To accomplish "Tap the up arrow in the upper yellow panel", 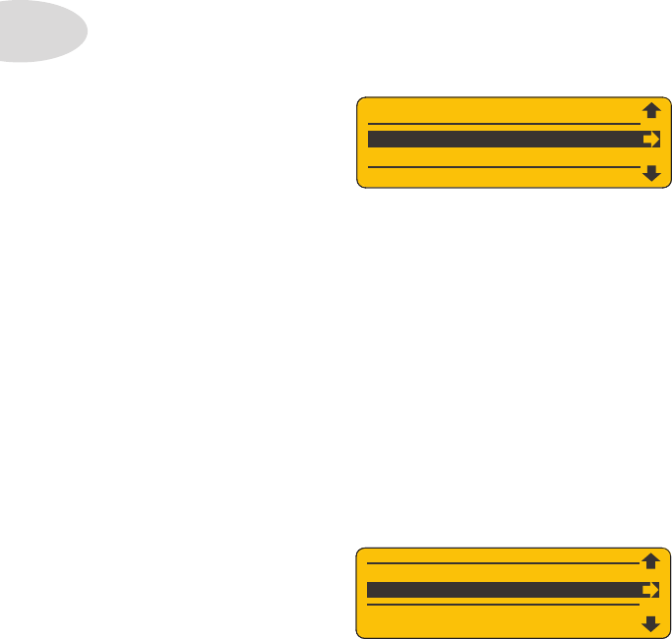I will pyautogui.click(x=650, y=110).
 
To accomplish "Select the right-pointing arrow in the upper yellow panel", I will pyautogui.click(x=650, y=140).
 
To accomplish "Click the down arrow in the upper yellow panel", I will pyautogui.click(x=650, y=173).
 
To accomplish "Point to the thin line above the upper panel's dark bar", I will pyautogui.click(x=503, y=124).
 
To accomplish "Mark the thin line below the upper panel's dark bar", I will pyautogui.click(x=503, y=168).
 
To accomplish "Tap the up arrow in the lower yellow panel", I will pyautogui.click(x=650, y=561).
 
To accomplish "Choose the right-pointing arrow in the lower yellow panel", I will pyautogui.click(x=650, y=590).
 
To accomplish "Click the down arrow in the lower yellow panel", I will pyautogui.click(x=650, y=622).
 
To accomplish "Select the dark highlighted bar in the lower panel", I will pyautogui.click(x=503, y=590).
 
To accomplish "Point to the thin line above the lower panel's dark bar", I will pyautogui.click(x=503, y=563).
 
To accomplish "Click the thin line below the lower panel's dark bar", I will pyautogui.click(x=503, y=606).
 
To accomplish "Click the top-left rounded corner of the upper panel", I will pyautogui.click(x=361, y=101).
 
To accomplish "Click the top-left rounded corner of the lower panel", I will pyautogui.click(x=361, y=552).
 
